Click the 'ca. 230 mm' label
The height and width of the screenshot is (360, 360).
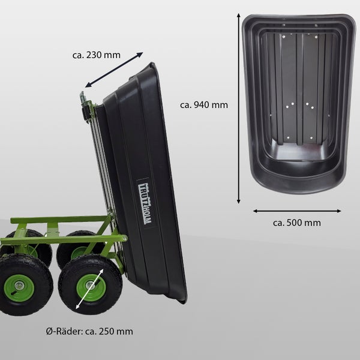coord(96,55)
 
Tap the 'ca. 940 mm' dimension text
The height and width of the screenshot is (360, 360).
coord(204,104)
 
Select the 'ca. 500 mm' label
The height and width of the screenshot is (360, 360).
coord(296,223)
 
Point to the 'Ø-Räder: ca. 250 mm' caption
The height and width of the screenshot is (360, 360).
coord(89,331)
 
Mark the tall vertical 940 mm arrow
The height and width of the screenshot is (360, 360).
coord(239,108)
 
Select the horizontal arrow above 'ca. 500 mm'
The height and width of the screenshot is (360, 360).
coord(296,211)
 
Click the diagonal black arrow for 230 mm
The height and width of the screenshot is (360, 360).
coord(114,70)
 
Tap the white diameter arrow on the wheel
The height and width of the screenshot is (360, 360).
coord(90,289)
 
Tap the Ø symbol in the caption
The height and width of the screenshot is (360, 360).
coord(49,331)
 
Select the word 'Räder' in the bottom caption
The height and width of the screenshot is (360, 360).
coord(68,331)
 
